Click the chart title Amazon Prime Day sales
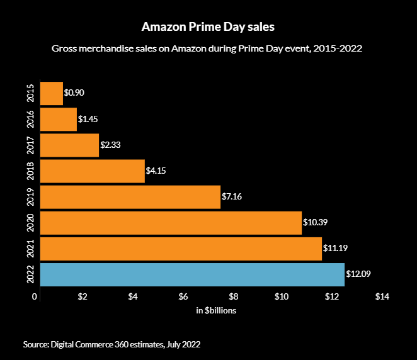(208, 28)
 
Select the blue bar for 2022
(192, 274)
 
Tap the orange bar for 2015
(51, 93)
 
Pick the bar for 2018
(92, 171)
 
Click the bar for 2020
(171, 223)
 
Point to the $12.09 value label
(358, 274)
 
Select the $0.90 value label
(74, 93)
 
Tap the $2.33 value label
(110, 145)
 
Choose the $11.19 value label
(335, 249)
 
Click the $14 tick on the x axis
(382, 296)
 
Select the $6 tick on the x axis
(183, 296)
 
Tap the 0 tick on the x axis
(37, 296)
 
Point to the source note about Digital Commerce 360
(111, 344)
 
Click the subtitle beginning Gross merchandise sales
(208, 49)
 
